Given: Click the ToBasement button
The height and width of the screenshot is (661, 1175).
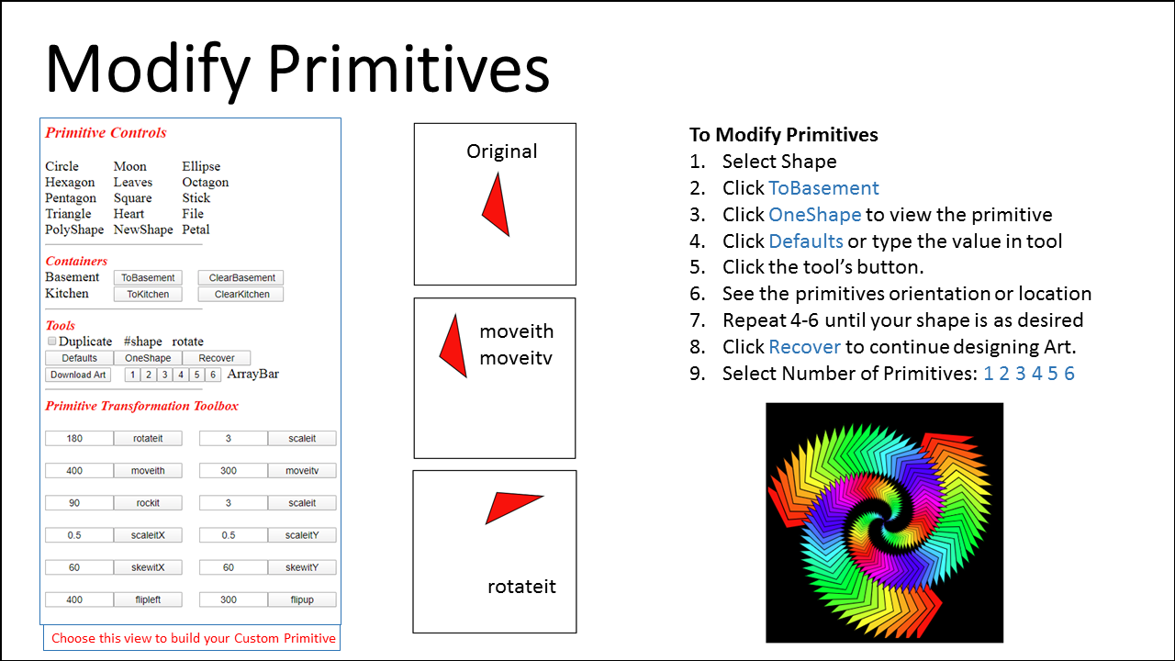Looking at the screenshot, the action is [x=148, y=277].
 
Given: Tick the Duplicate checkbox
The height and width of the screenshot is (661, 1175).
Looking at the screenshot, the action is [x=52, y=341].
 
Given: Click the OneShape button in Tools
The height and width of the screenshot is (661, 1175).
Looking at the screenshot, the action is [x=148, y=358].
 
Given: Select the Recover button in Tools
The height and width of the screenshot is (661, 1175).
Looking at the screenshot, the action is [x=216, y=358].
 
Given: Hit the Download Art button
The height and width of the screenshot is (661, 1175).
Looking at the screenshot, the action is [x=78, y=375].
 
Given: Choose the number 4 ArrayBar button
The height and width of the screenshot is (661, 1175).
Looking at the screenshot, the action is [x=181, y=375].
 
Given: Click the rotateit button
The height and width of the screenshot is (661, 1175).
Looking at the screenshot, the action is [x=148, y=438].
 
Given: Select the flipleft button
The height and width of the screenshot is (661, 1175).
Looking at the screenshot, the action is [x=148, y=599].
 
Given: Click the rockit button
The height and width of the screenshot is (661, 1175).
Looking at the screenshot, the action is [x=148, y=502].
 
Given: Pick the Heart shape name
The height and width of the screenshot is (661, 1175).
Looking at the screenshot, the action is [x=129, y=214].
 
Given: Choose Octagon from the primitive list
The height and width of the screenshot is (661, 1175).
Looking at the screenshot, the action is [x=205, y=183].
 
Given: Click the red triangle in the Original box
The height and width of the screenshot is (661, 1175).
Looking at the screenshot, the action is [x=497, y=207].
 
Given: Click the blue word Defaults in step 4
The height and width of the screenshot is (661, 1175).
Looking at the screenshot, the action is [x=806, y=241].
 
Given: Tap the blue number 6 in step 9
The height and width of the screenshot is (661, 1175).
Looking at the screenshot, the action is [x=1069, y=374].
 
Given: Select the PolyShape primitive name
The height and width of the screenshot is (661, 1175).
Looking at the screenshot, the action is [x=74, y=230].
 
